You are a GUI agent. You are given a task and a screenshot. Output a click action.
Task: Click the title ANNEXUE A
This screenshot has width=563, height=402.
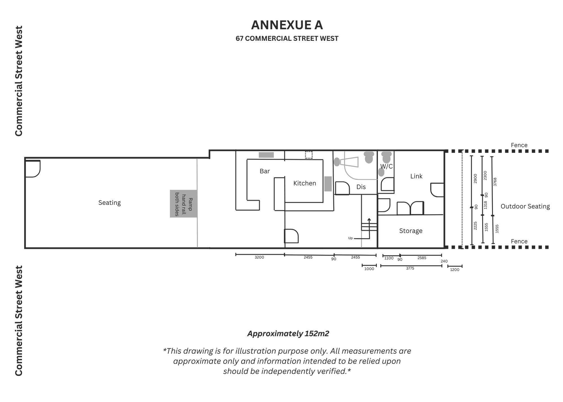click(287, 25)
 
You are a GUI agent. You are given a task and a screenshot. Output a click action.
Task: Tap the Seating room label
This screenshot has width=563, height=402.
click(110, 203)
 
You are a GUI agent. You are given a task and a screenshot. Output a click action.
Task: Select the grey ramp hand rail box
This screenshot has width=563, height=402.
click(184, 204)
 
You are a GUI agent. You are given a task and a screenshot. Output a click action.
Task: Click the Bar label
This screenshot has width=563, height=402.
click(265, 171)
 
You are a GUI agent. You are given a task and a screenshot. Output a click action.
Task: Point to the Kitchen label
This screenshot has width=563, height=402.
click(305, 183)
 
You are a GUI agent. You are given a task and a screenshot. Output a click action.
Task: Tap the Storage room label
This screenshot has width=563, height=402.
click(411, 231)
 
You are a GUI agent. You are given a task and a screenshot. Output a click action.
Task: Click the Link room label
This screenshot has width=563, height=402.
click(416, 176)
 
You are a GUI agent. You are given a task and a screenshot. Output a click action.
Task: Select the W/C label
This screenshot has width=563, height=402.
click(386, 166)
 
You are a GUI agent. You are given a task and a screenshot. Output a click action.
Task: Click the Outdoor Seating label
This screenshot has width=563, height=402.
click(525, 206)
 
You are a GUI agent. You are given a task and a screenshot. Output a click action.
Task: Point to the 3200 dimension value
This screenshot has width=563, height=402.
click(259, 257)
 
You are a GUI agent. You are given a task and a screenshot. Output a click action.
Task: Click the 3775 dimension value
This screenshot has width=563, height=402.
click(410, 268)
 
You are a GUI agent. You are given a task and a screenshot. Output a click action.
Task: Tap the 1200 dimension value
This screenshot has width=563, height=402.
click(455, 270)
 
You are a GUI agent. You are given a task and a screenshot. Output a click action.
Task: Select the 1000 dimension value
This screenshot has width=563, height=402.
click(369, 269)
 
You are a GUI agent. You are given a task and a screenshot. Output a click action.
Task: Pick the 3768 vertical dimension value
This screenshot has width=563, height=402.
click(495, 182)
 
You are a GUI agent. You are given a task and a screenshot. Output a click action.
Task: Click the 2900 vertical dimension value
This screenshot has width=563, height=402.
click(475, 178)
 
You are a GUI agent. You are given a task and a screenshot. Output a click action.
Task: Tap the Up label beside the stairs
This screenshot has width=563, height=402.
click(350, 238)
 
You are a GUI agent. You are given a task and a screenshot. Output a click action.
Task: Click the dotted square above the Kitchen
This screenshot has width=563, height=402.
click(309, 155)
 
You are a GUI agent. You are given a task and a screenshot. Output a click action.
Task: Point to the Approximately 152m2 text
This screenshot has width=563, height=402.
click(288, 334)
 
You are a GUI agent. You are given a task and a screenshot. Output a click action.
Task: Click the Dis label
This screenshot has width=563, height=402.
click(361, 187)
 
